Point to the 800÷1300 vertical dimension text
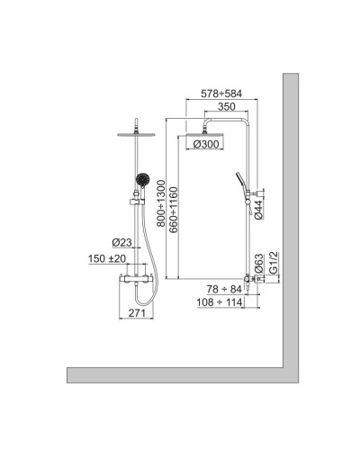coord(161,207)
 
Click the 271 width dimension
coord(135,312)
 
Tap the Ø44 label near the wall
coord(259,209)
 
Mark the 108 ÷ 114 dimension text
coord(220,302)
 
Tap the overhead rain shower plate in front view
coord(136,134)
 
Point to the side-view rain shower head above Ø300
coord(206,130)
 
